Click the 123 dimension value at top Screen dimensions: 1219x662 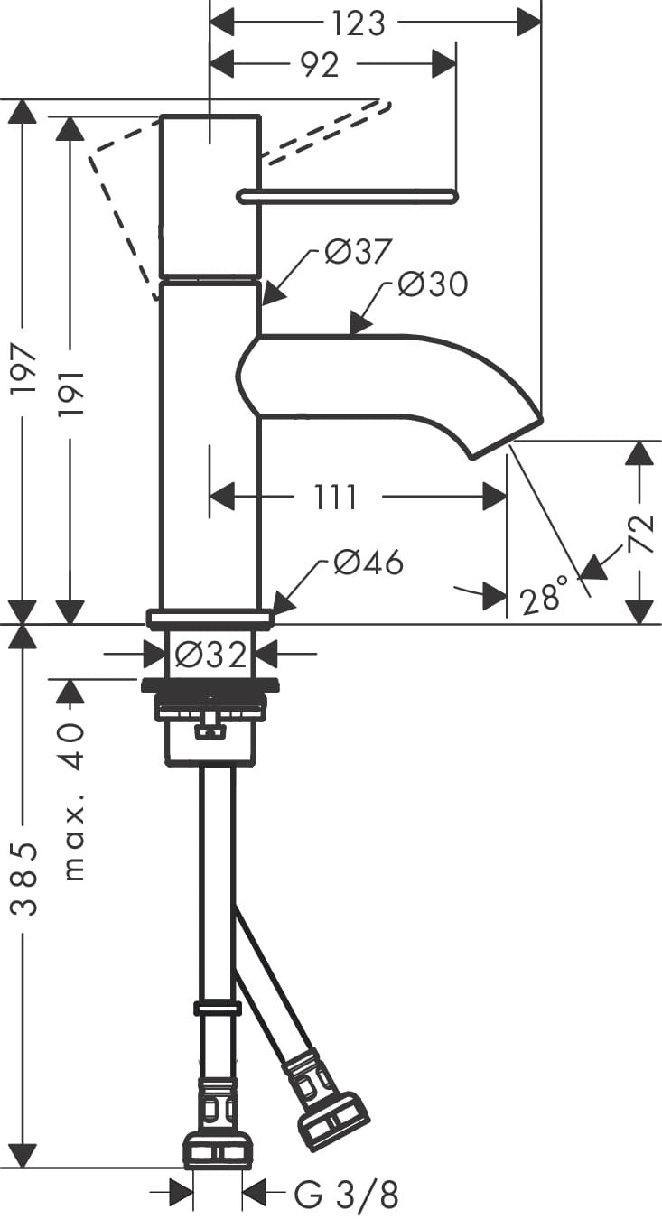click(x=359, y=23)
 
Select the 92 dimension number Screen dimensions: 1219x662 click(x=319, y=65)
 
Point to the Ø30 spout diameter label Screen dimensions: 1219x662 click(x=434, y=284)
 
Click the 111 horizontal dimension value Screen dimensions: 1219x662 click(x=336, y=497)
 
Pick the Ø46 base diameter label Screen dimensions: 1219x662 click(x=368, y=563)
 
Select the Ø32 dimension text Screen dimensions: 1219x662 click(x=212, y=653)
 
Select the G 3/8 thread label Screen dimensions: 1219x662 click(x=347, y=1195)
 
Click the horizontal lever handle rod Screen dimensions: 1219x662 click(x=348, y=195)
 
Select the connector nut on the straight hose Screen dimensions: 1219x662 click(x=218, y=1149)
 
